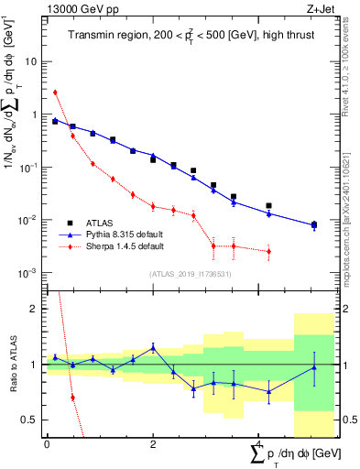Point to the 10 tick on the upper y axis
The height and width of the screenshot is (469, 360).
[x=33, y=61]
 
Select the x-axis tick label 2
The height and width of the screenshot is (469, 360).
[x=153, y=442]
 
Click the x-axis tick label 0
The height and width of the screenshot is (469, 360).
[x=47, y=442]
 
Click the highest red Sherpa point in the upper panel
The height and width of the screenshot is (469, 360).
[x=55, y=92]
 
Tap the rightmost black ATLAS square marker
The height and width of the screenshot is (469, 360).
[x=314, y=224]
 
